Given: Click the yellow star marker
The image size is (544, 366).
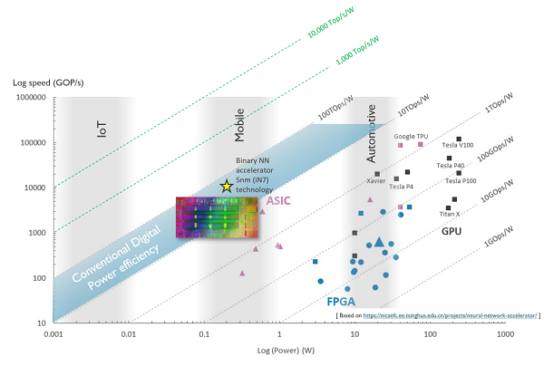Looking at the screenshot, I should (227, 186).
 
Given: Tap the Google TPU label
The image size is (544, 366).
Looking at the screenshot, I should (411, 136).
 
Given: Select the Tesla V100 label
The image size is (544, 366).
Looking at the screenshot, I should (458, 145).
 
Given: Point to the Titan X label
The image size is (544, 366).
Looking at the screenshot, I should (450, 214).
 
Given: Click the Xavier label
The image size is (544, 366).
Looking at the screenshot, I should (376, 180).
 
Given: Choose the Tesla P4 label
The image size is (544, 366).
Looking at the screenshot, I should (402, 187).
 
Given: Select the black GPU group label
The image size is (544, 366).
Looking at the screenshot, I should (452, 232).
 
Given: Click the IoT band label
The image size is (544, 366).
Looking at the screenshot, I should (102, 130).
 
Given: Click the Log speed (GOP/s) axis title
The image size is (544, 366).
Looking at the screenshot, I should (47, 83).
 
